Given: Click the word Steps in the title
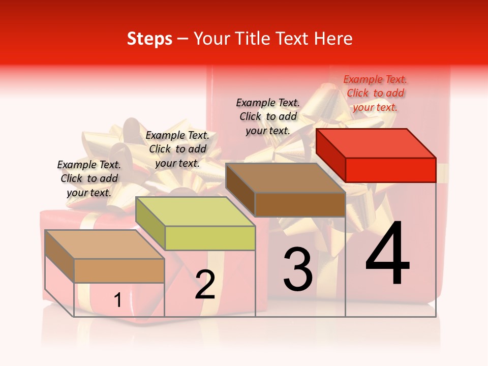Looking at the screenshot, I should pyautogui.click(x=149, y=39).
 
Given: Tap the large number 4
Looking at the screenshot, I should pyautogui.click(x=387, y=254).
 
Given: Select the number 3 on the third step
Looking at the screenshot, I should pyautogui.click(x=298, y=269).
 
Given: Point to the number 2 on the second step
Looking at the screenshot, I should pyautogui.click(x=205, y=285).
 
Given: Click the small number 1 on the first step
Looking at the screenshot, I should pyautogui.click(x=117, y=300).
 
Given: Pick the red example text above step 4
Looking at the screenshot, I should pyautogui.click(x=375, y=93).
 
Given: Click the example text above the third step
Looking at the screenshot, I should pyautogui.click(x=268, y=116).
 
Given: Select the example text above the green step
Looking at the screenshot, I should pyautogui.click(x=177, y=149).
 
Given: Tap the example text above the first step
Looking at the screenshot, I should pyautogui.click(x=89, y=178).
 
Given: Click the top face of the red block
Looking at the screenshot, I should pyautogui.click(x=376, y=143).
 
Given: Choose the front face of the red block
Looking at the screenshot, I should pyautogui.click(x=390, y=170).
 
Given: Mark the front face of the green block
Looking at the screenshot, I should pyautogui.click(x=210, y=238).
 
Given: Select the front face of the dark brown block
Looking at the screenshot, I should pyautogui.click(x=300, y=204).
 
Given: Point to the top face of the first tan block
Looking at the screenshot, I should pyautogui.click(x=104, y=245).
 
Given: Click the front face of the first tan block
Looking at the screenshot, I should pyautogui.click(x=119, y=270).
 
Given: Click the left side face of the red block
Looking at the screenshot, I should pyautogui.click(x=330, y=155).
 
